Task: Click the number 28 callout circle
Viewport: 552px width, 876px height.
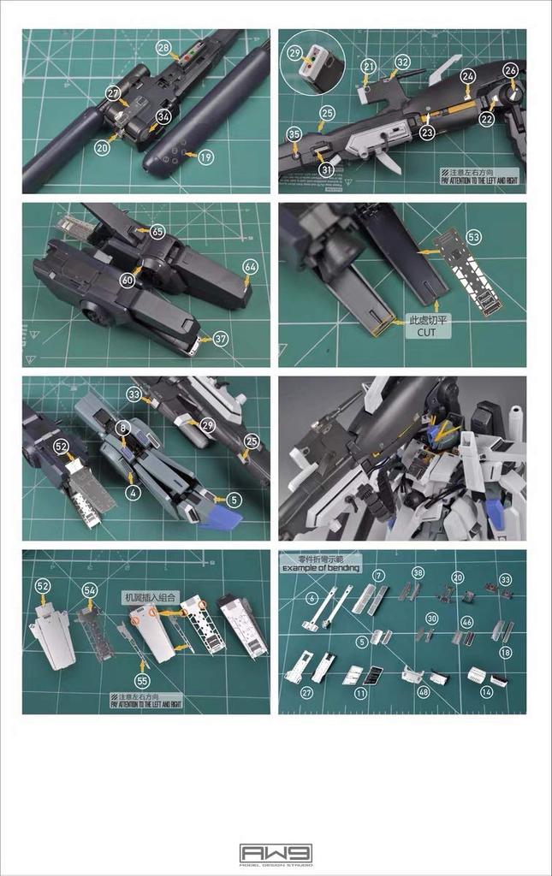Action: coord(163,48)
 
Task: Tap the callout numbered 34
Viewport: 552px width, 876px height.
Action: coord(163,115)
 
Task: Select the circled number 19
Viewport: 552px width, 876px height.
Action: coord(205,157)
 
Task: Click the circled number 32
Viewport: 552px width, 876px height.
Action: coord(402,62)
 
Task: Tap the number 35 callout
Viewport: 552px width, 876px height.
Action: coord(294,134)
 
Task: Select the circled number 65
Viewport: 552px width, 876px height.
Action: coord(157,231)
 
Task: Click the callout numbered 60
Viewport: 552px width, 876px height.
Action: coord(128,280)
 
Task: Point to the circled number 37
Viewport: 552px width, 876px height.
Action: coord(221,339)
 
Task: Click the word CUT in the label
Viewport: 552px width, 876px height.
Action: coord(428,332)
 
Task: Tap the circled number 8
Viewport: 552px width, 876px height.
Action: coord(123,426)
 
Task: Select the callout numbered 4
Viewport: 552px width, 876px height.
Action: coord(134,492)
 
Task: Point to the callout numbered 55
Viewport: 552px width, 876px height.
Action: coord(142,680)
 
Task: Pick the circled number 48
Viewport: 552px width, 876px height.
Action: coord(424,691)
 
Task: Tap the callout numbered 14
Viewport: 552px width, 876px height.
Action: coord(487,691)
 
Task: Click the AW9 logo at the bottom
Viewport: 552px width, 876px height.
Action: coord(276,853)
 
